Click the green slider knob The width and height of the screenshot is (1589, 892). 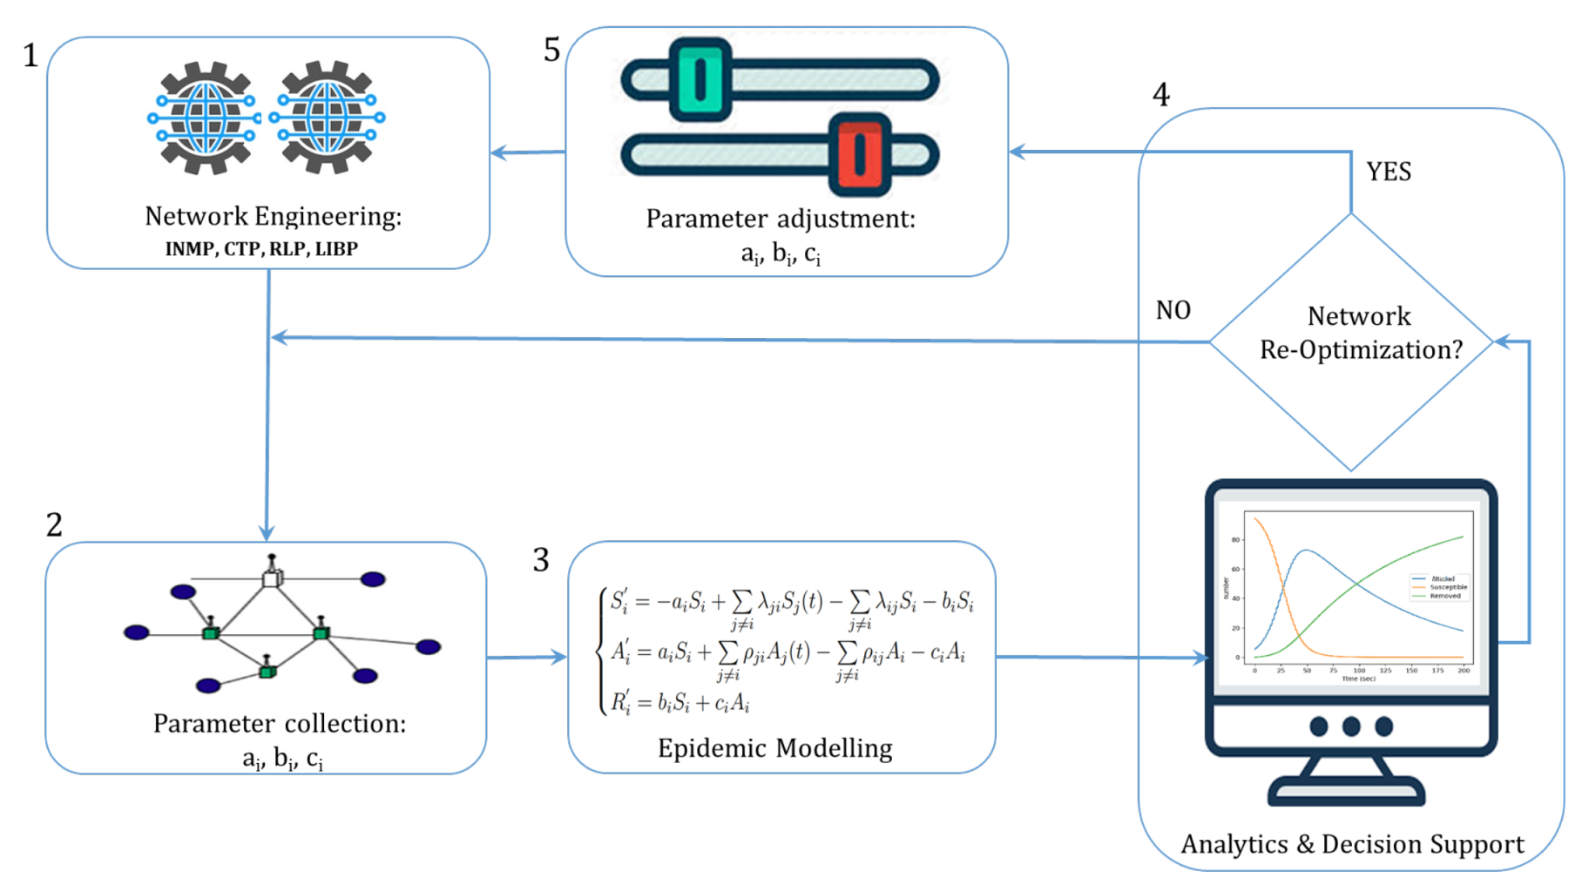click(x=700, y=80)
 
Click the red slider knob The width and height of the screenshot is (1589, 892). click(x=860, y=154)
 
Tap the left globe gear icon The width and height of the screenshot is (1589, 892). click(x=205, y=118)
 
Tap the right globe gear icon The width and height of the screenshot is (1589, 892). click(x=327, y=118)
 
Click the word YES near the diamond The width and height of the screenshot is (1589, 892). click(x=1388, y=172)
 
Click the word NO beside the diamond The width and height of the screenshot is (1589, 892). click(x=1173, y=310)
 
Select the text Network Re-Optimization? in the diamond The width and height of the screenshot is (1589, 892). click(x=1360, y=333)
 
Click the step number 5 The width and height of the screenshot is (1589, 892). click(x=551, y=50)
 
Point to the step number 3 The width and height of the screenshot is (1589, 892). click(x=541, y=560)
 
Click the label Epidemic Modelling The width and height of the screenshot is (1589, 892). click(x=774, y=748)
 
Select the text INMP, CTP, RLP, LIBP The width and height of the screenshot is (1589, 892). click(x=261, y=249)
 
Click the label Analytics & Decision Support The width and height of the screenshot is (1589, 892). click(x=1352, y=844)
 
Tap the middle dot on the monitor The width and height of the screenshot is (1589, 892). click(x=1351, y=726)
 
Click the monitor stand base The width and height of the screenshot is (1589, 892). click(x=1347, y=793)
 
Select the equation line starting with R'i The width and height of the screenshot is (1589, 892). click(x=680, y=702)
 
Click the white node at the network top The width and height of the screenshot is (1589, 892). click(x=272, y=578)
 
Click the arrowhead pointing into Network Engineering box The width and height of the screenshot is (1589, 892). click(x=499, y=153)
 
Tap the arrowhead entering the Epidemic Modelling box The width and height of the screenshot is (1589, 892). click(x=558, y=657)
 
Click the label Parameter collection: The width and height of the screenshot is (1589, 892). click(x=279, y=724)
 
